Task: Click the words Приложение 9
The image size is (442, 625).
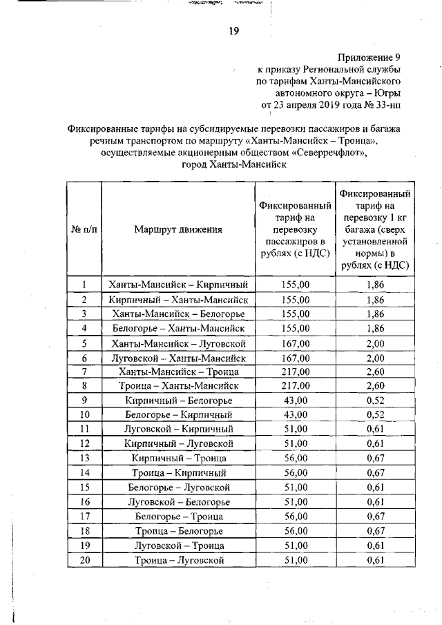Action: tap(368, 57)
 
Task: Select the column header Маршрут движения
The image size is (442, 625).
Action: tap(178, 229)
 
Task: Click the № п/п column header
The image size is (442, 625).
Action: tap(84, 229)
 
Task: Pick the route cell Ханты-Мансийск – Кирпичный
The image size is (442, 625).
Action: tap(178, 285)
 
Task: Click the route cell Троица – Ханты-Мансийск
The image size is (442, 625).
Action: tap(178, 386)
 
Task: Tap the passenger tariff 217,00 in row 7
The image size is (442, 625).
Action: tap(296, 372)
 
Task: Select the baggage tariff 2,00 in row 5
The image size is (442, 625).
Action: tap(375, 343)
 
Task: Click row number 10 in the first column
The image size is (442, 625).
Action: tap(84, 415)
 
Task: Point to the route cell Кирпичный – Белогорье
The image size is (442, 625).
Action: tap(178, 401)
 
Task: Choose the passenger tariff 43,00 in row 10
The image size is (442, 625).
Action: tap(296, 415)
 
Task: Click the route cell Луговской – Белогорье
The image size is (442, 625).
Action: tap(178, 502)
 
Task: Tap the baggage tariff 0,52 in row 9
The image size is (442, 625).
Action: tap(375, 401)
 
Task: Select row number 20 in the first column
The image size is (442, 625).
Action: tap(84, 560)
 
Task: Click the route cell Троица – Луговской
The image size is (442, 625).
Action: tap(178, 560)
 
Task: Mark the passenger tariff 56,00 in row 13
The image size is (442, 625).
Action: tap(296, 459)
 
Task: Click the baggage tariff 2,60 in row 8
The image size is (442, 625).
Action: tap(375, 386)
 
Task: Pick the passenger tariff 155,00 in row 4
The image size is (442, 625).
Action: tap(296, 328)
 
